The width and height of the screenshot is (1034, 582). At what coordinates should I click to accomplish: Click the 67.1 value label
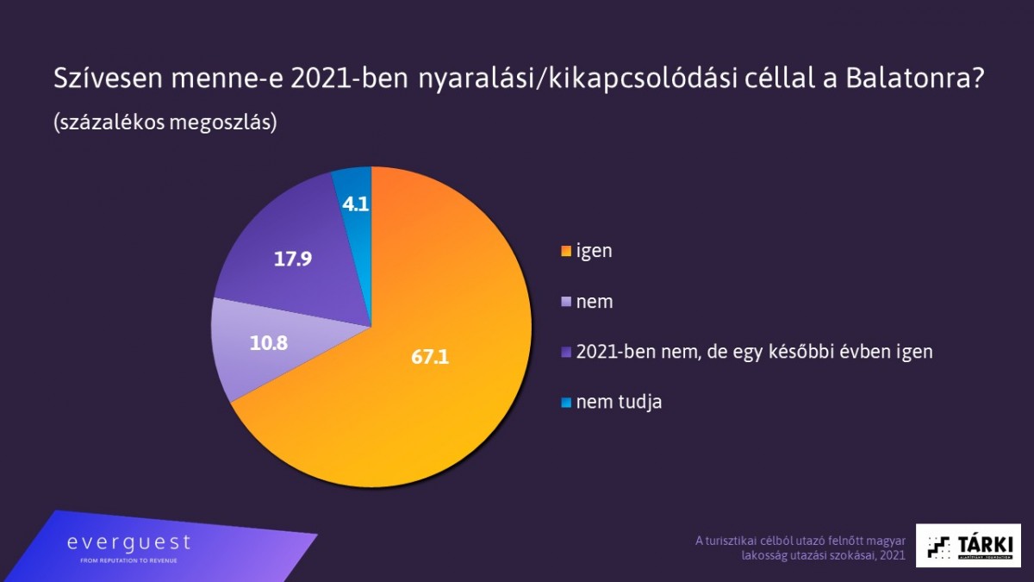click(x=430, y=357)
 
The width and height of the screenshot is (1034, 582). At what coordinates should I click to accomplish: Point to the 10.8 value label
click(x=268, y=342)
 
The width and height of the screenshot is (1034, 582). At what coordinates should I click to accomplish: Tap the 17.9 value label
click(x=292, y=258)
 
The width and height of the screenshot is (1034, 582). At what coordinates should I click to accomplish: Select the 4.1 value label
click(x=356, y=204)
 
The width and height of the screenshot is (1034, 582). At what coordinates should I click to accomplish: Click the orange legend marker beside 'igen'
click(x=565, y=252)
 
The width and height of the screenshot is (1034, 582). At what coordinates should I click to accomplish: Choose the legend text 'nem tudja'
click(x=619, y=402)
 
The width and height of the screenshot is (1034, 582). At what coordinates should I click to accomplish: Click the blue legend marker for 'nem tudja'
click(x=565, y=403)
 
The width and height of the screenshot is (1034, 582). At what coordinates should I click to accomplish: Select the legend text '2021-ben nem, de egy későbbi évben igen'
click(x=754, y=352)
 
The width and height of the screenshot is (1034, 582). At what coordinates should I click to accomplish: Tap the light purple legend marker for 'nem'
click(x=565, y=302)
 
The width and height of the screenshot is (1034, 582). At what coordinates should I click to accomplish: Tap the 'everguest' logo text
click(x=129, y=543)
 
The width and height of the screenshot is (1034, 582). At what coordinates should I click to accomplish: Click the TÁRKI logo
click(x=968, y=545)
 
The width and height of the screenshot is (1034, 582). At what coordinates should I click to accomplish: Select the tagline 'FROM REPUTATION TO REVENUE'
click(x=128, y=560)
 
